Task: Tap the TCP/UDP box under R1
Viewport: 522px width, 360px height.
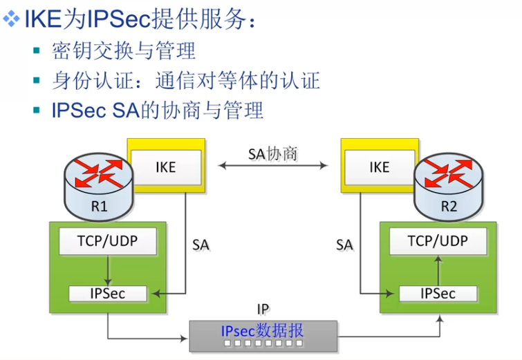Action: [x=107, y=241]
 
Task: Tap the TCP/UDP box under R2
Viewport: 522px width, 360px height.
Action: [x=438, y=241]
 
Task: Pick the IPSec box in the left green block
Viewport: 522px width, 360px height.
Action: [x=107, y=293]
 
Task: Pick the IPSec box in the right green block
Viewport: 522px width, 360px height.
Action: [x=438, y=293]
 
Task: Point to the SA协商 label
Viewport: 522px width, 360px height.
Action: [x=272, y=153]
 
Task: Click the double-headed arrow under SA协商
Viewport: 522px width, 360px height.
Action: [x=272, y=166]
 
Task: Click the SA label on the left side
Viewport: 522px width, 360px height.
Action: [x=201, y=245]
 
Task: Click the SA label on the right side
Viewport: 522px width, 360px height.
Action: [x=344, y=245]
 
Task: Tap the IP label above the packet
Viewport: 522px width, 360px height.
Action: [x=262, y=309]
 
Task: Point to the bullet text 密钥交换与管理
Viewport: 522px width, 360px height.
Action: [x=124, y=50]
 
